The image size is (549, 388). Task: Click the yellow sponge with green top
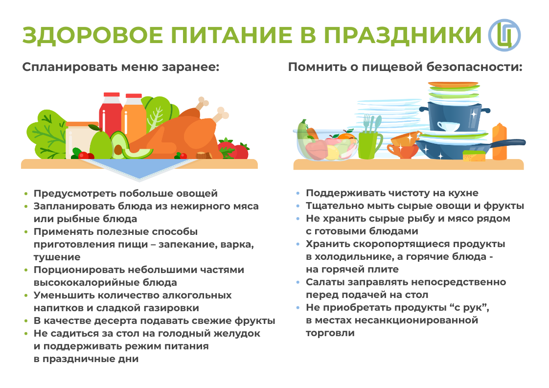pos(474,156)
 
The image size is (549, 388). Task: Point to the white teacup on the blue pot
pos(448,126)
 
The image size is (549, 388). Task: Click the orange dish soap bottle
pos(499,142)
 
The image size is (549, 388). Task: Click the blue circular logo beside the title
pos(504,35)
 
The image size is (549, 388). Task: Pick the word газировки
pos(169,308)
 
